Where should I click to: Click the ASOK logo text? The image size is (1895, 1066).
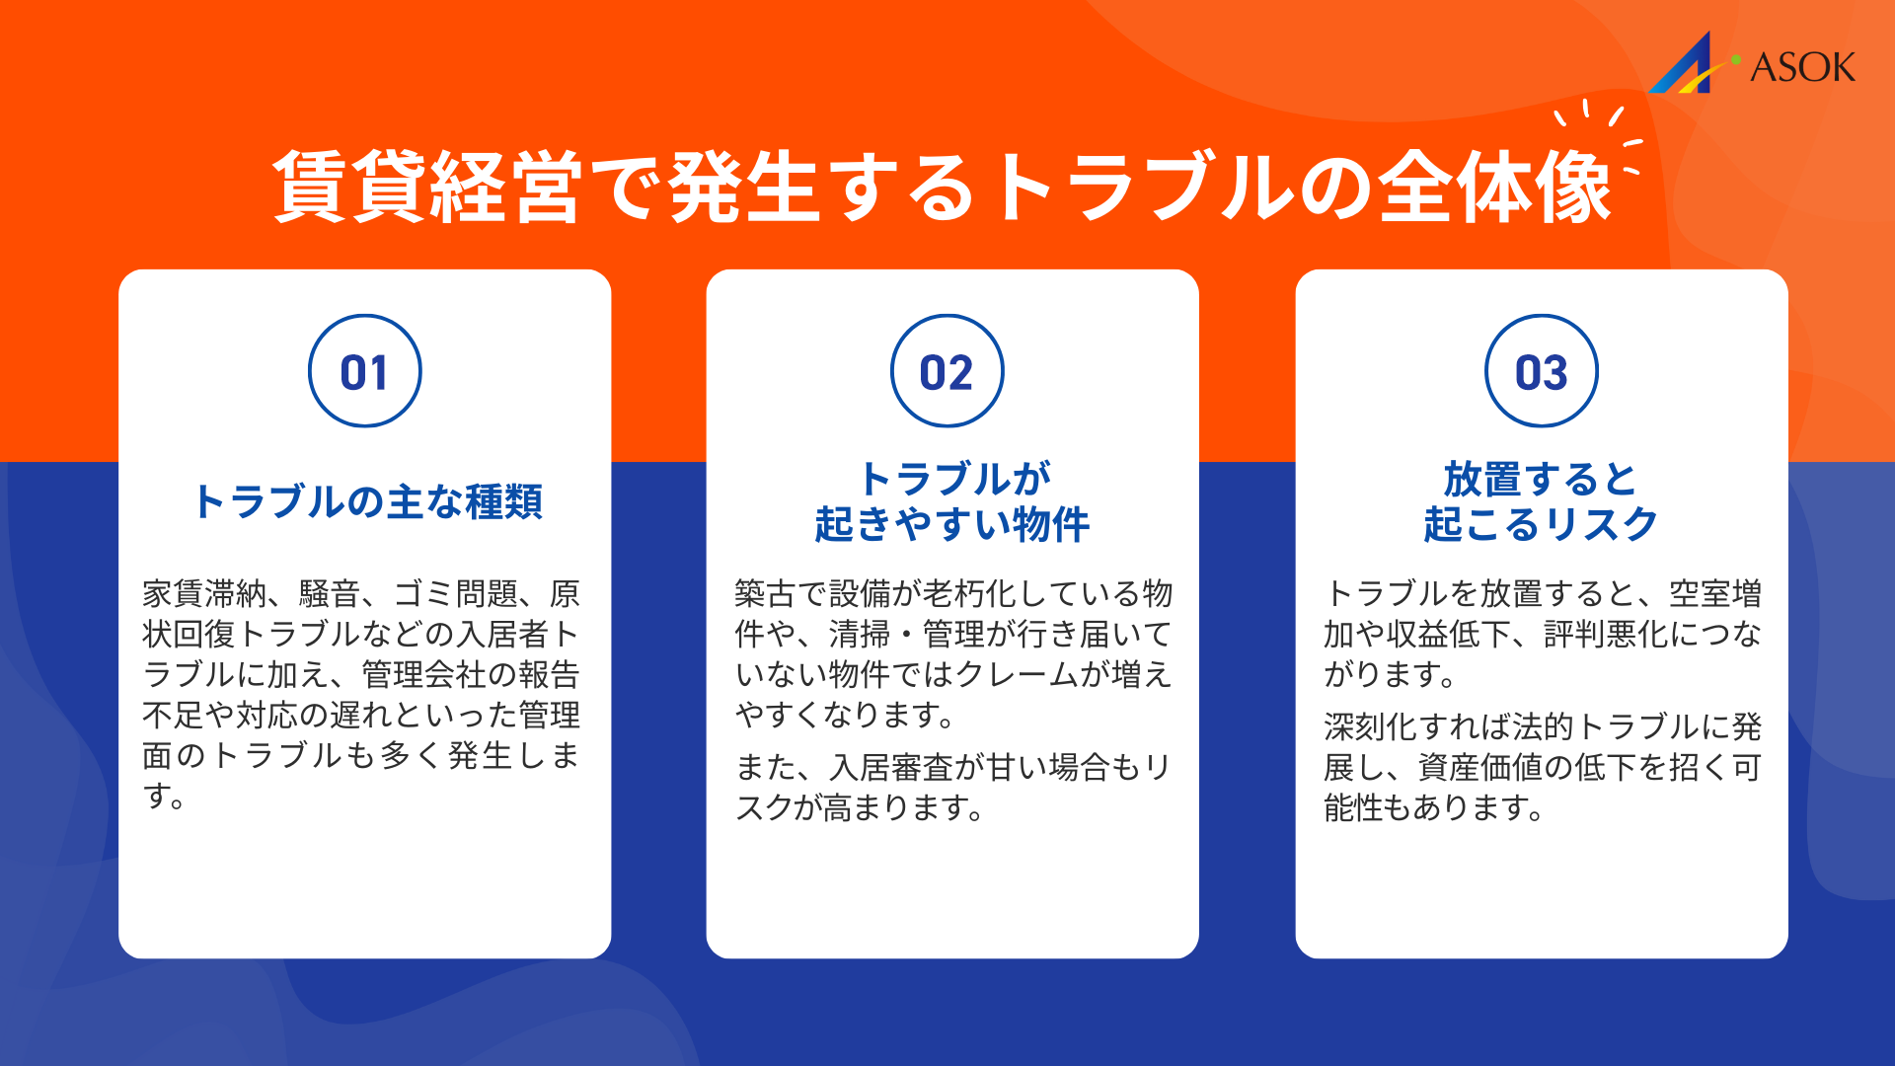pyautogui.click(x=1802, y=67)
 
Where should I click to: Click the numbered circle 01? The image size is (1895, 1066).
pyautogui.click(x=364, y=371)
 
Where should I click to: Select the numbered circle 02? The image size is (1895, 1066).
pyautogui.click(x=947, y=371)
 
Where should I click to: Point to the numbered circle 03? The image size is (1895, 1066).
pyautogui.click(x=1541, y=371)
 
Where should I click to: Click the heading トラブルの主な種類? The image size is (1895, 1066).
pyautogui.click(x=367, y=501)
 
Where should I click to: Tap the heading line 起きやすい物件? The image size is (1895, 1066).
pyautogui.click(x=951, y=523)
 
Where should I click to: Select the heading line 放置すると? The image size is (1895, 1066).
pyautogui.click(x=1540, y=480)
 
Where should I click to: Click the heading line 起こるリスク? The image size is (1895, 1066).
pyautogui.click(x=1540, y=523)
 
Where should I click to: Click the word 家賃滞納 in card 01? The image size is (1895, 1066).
pyautogui.click(x=204, y=594)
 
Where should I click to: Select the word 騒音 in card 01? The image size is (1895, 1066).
pyautogui.click(x=330, y=594)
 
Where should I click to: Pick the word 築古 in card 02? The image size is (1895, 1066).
pyautogui.click(x=765, y=594)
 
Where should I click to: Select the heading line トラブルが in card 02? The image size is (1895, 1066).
pyautogui.click(x=954, y=480)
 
